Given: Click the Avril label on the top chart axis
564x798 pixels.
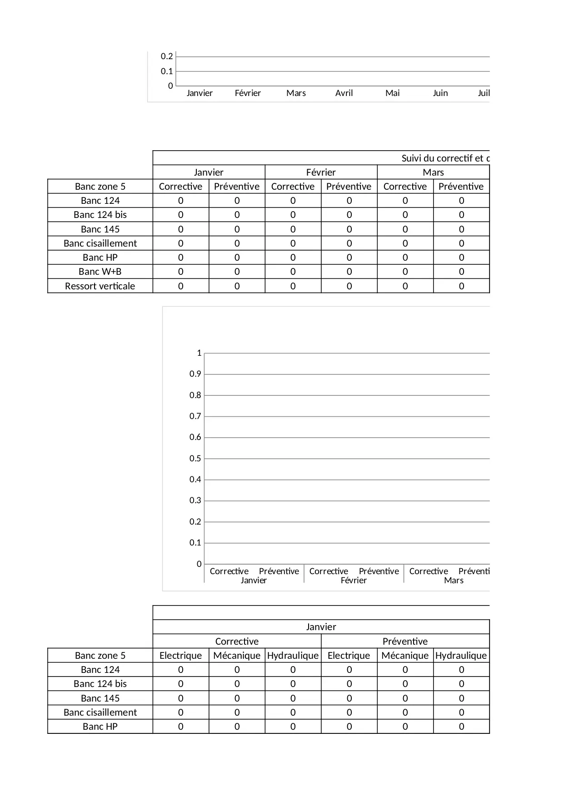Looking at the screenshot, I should [344, 93].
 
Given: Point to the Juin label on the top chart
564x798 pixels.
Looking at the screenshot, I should [440, 93].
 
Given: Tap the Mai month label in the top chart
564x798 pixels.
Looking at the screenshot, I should [392, 93].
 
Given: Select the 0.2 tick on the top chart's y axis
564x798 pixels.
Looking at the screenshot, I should [167, 56].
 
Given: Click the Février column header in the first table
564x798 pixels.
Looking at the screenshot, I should [321, 172].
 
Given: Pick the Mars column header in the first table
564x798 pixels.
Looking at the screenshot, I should [433, 172].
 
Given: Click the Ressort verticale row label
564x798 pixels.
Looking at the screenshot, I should [100, 286].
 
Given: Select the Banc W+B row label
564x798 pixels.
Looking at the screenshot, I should [100, 272].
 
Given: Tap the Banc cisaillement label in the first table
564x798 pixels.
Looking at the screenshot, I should [100, 243].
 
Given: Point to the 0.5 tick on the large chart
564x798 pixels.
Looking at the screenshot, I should [195, 459].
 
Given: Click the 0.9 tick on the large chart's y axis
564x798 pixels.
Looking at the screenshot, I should [195, 374].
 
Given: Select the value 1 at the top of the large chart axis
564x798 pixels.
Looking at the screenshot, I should [199, 353].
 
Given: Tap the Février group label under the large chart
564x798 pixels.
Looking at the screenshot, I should [354, 581].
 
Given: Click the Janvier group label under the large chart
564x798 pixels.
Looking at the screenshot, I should [254, 581].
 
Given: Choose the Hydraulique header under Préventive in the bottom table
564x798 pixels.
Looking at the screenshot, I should [461, 656].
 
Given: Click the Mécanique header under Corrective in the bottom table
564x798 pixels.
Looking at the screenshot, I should [237, 656].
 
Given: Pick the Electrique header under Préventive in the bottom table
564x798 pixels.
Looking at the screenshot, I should [349, 656].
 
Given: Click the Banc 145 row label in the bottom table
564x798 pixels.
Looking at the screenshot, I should [100, 698].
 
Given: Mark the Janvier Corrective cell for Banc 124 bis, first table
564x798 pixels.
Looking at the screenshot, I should [181, 215].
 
